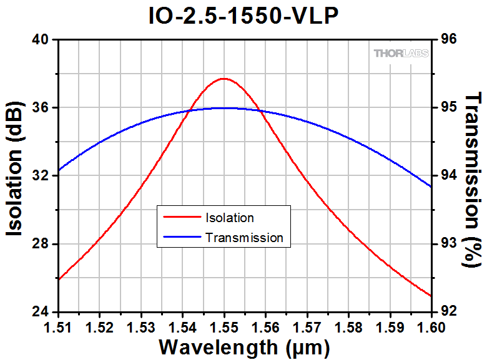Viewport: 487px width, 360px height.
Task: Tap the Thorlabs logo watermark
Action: [x=401, y=53]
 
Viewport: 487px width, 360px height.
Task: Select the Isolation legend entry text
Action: [x=229, y=218]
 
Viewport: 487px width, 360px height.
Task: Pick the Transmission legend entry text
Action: [x=243, y=237]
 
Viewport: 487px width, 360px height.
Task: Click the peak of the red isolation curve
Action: [x=224, y=79]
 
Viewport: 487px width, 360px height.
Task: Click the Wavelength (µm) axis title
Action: [x=244, y=346]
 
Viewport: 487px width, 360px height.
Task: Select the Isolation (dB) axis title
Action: [x=17, y=175]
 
